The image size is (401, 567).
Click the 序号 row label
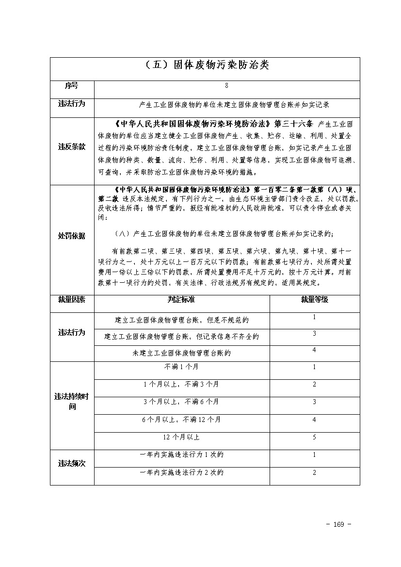tap(71, 86)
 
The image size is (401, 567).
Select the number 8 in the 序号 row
tap(226, 86)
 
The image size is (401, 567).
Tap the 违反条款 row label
tap(72, 146)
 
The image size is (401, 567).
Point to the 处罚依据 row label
tap(72, 236)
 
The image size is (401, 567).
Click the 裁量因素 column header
tap(72, 300)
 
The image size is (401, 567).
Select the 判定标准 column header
tap(181, 300)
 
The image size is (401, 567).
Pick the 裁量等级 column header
tap(314, 300)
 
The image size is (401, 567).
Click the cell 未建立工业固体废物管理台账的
tap(181, 353)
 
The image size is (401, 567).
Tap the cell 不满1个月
tap(181, 367)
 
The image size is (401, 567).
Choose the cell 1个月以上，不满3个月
tap(181, 384)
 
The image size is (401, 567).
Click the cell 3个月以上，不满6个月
tap(181, 402)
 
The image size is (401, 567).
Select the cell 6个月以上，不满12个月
tap(181, 419)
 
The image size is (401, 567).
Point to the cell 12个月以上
tap(181, 437)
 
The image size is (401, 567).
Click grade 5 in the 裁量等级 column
tap(314, 437)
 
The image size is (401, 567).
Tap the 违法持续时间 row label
tap(72, 401)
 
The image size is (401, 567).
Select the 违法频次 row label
tap(72, 463)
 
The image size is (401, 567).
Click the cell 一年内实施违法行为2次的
tap(181, 472)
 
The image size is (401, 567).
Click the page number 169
tap(339, 524)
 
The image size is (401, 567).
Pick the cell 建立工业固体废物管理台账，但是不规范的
tap(181, 320)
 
